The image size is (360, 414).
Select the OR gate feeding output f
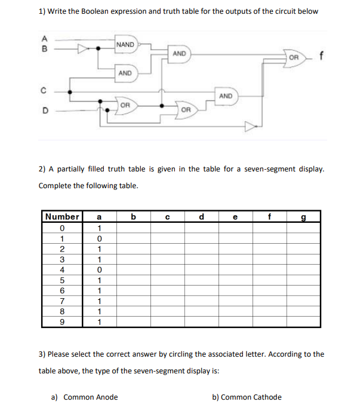294,57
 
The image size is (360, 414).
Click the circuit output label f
322,57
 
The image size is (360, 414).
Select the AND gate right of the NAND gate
180,54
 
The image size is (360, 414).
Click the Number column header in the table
62,216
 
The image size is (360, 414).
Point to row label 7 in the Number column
62,301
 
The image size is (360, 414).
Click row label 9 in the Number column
62,322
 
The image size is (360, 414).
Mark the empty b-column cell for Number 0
133,228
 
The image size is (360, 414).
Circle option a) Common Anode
85,397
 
